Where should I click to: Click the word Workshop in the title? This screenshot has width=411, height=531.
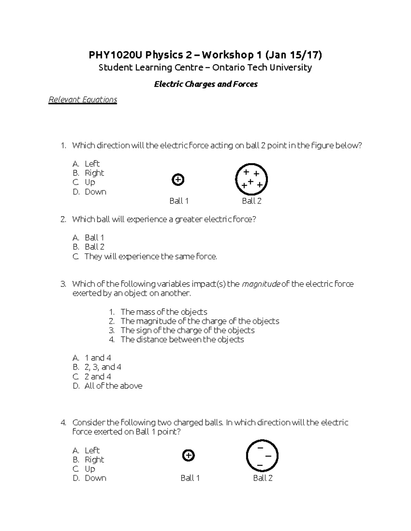tap(228, 55)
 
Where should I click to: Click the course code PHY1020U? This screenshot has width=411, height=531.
tap(115, 55)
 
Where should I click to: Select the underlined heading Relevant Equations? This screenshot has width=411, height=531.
tap(83, 99)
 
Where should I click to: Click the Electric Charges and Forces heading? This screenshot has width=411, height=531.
tap(206, 84)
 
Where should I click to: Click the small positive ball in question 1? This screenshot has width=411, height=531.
tap(178, 180)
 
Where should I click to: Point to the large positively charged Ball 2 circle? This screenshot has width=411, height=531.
tap(251, 179)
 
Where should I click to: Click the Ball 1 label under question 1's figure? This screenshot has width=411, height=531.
tap(179, 201)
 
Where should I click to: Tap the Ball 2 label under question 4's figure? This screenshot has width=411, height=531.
tap(263, 478)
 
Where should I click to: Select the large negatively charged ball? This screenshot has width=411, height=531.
tap(262, 456)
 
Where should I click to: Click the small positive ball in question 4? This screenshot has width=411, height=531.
tap(188, 455)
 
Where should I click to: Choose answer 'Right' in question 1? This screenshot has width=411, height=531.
tap(94, 173)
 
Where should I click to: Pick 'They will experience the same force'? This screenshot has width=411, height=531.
tap(151, 256)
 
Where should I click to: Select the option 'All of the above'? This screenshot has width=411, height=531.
tap(113, 386)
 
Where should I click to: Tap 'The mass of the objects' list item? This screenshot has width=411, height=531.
tap(164, 312)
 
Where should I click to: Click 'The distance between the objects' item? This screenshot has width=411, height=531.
tap(182, 340)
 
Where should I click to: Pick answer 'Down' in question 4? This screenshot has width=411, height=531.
tap(95, 478)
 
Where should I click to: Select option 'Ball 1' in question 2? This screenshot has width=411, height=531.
tap(94, 238)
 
